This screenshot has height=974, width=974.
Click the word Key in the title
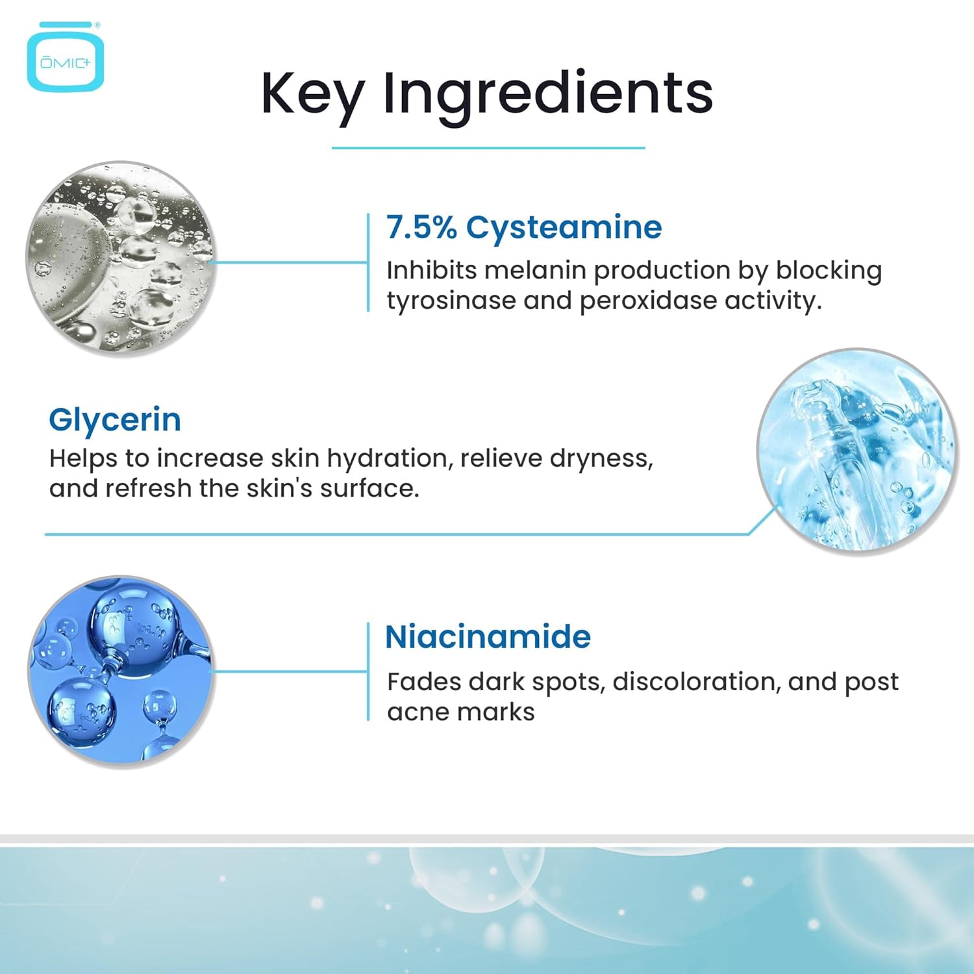click(x=312, y=95)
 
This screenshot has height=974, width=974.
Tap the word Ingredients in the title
click(x=548, y=95)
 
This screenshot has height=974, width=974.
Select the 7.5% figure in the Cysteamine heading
click(x=421, y=227)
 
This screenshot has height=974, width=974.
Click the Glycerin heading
click(x=115, y=420)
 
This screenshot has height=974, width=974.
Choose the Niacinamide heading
click(x=488, y=637)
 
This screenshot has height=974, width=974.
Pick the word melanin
click(x=535, y=270)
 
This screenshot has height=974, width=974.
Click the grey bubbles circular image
click(x=120, y=258)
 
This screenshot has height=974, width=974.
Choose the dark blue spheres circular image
click(x=121, y=670)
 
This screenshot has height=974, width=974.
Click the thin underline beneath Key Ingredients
click(x=488, y=148)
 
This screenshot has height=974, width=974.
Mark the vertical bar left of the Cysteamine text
click(x=368, y=262)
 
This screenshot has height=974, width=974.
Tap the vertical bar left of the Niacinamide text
click(x=368, y=671)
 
